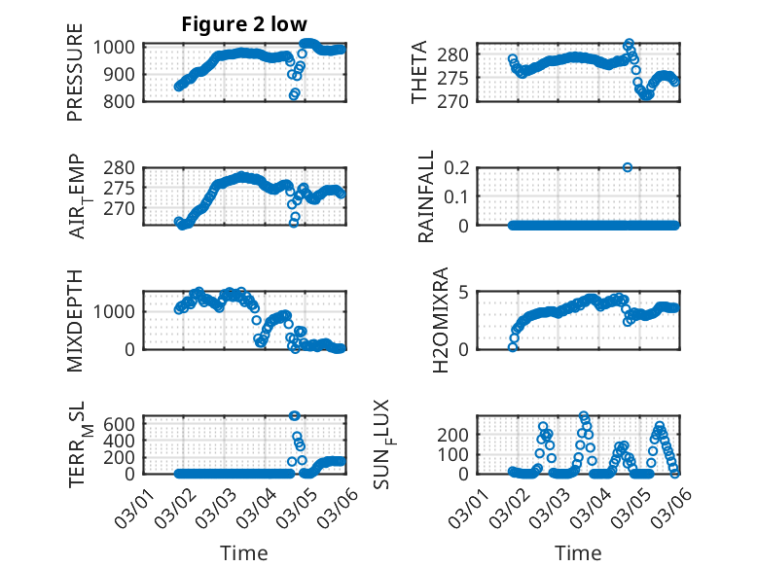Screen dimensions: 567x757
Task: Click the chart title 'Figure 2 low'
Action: pos(244,25)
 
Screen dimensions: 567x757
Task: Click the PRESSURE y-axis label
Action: pos(75,79)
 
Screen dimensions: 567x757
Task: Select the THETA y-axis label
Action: pos(419,73)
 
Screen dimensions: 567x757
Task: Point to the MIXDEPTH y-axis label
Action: pos(75,318)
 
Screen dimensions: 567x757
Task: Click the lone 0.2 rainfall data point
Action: pos(628,167)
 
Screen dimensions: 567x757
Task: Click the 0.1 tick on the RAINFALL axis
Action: pos(459,195)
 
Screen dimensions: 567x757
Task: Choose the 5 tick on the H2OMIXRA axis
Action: pos(465,292)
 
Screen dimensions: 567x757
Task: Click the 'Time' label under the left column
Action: pos(244,553)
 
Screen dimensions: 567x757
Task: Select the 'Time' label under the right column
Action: pos(578,553)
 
